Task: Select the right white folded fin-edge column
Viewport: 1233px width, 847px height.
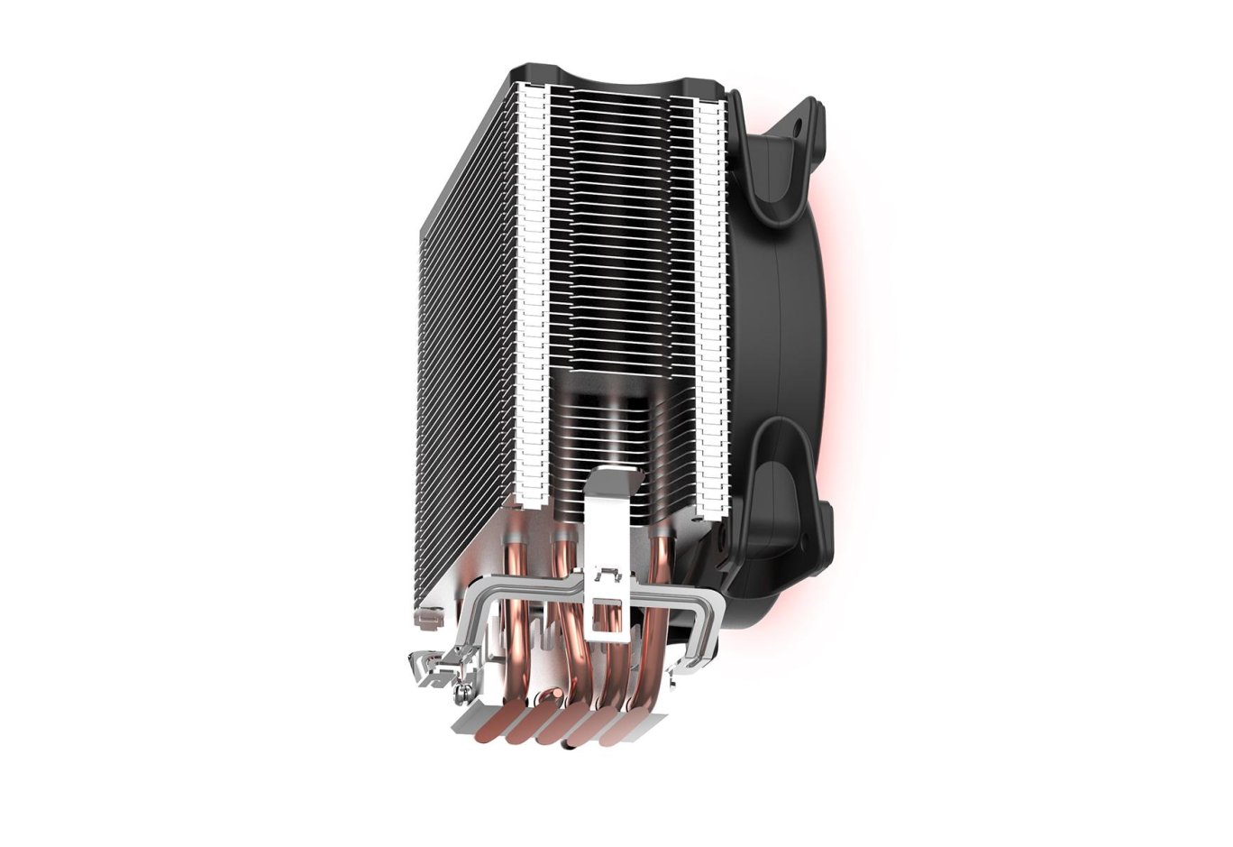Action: (x=711, y=298)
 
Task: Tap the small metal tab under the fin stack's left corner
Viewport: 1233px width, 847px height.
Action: (x=427, y=619)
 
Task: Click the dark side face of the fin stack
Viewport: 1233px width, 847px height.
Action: (x=460, y=361)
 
